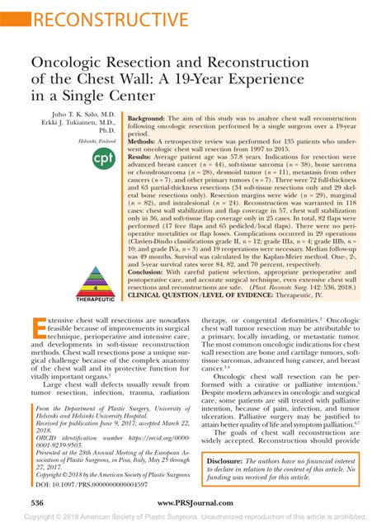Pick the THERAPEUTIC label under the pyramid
(95, 299)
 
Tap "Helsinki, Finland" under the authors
(89, 141)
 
